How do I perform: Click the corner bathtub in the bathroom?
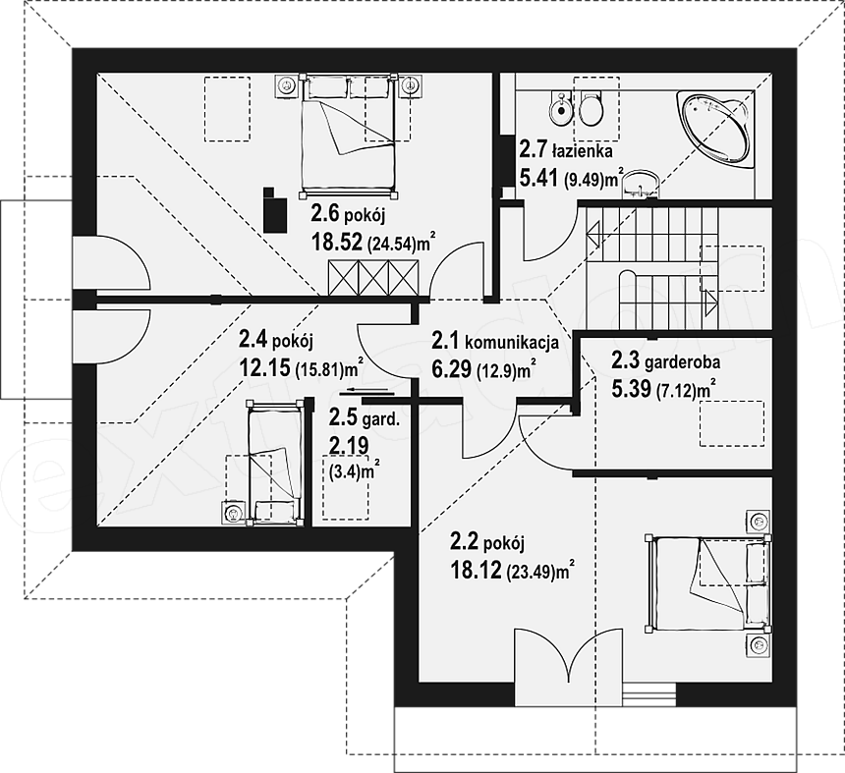tap(714, 130)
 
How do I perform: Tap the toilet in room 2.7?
tap(591, 108)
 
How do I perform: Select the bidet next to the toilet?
tap(561, 109)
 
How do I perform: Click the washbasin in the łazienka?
tap(640, 185)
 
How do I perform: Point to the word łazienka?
tap(582, 151)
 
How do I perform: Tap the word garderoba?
tap(682, 362)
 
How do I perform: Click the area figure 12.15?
tap(265, 367)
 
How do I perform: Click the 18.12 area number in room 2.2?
tap(477, 570)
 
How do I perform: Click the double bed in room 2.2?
tap(708, 583)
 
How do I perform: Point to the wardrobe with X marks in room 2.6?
tap(373, 278)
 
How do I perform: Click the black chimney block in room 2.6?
tap(275, 209)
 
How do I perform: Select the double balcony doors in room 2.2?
tap(568, 655)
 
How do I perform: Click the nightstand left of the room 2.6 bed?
tap(286, 86)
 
